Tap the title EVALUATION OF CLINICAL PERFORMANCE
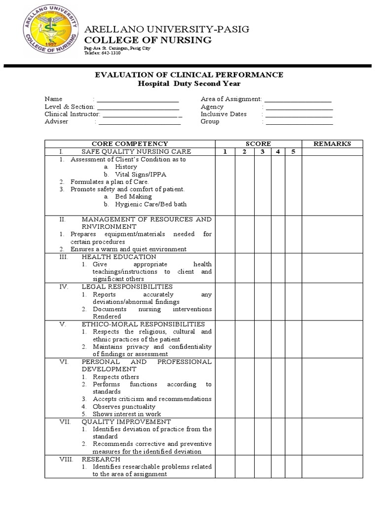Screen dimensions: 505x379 (189, 75)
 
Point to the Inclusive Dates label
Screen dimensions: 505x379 (224, 114)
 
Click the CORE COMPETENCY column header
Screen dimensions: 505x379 (130, 144)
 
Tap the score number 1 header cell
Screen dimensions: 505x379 (225, 151)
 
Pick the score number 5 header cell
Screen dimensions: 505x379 (293, 151)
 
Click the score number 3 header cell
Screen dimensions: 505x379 (263, 151)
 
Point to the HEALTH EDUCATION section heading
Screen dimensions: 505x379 (119, 257)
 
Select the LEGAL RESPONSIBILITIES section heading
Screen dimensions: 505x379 (127, 287)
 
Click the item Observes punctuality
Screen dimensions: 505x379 (119, 407)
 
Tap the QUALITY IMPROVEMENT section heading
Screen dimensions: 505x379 (126, 422)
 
